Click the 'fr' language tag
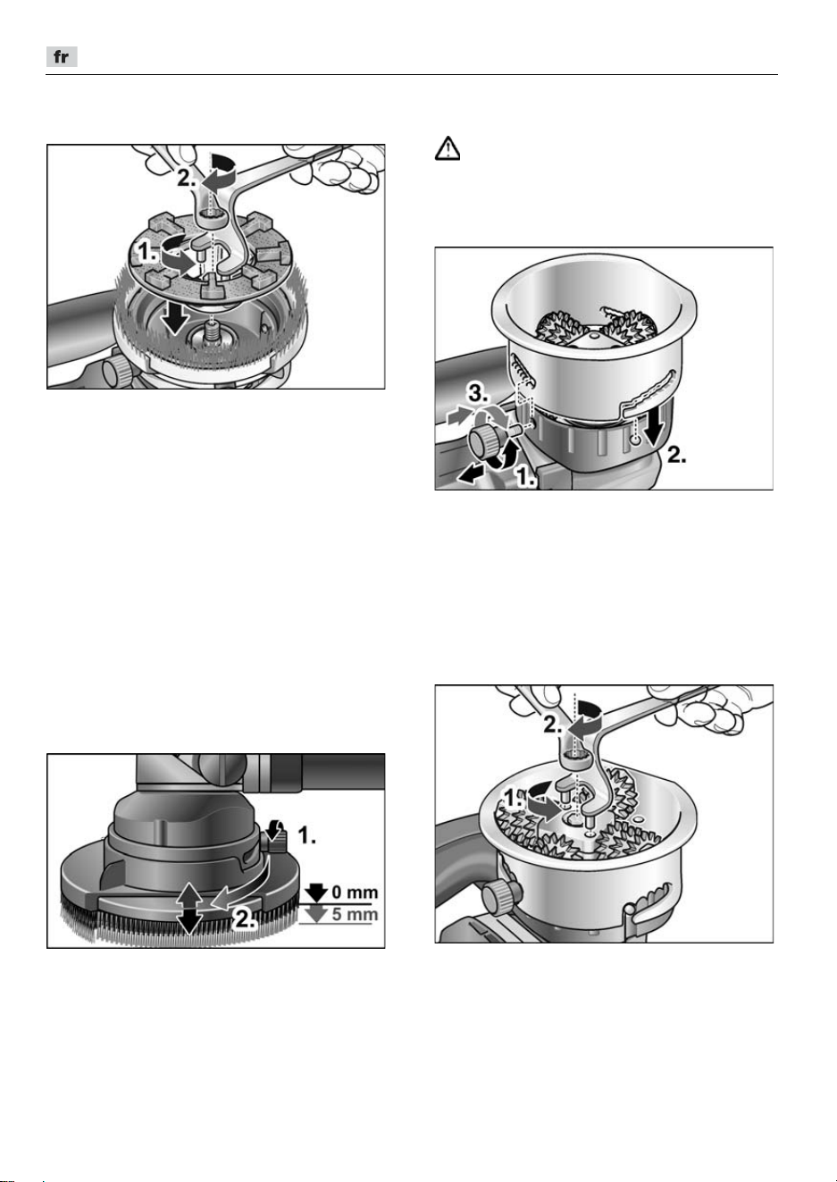pyautogui.click(x=62, y=57)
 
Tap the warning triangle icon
pyautogui.click(x=447, y=148)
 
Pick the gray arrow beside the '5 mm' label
pyautogui.click(x=316, y=915)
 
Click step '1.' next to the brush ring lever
pyautogui.click(x=306, y=835)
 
